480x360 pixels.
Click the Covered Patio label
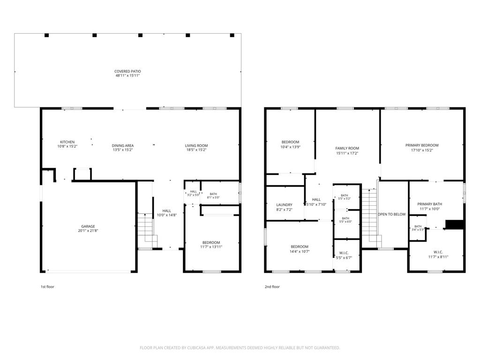[127, 71]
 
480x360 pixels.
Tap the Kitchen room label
[67, 142]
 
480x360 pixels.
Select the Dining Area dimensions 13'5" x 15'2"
[122, 150]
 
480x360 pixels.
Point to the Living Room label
[196, 146]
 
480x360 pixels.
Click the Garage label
[88, 226]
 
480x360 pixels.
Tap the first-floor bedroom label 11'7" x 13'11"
[211, 245]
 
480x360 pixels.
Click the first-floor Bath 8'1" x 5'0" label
[213, 195]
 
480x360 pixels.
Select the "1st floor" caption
[47, 287]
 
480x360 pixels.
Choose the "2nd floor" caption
[272, 287]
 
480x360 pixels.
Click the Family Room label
[347, 148]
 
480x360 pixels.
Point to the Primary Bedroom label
[422, 145]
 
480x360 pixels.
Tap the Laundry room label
[285, 205]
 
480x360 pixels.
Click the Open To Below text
[392, 214]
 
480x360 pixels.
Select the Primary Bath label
[429, 204]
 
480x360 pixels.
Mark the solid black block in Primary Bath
[455, 225]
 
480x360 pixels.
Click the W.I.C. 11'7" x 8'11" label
[438, 255]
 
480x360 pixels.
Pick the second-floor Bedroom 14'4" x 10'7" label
[300, 249]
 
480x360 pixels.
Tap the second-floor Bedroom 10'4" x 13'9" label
[290, 144]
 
